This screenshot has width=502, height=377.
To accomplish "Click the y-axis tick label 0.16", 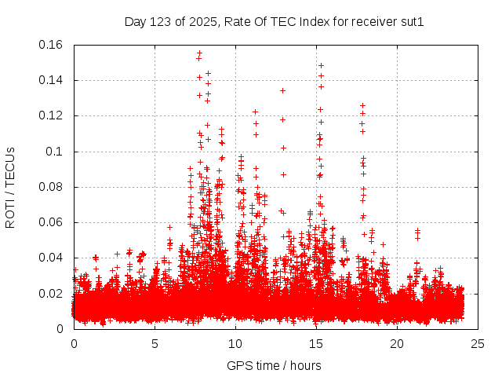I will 53,45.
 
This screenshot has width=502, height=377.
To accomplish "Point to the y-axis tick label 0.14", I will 53,80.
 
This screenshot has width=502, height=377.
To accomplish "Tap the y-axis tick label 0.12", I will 53,115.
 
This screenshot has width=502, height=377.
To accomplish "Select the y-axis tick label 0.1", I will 57,152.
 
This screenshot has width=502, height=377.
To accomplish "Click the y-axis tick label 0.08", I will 53,187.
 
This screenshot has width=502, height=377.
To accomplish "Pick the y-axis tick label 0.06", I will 53,222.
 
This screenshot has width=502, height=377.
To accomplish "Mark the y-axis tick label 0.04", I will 53,258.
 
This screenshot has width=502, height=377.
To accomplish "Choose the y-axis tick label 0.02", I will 53,294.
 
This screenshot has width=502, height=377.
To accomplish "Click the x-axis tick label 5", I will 155,344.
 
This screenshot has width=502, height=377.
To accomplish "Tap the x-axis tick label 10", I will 236,344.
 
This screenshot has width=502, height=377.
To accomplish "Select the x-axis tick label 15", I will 317,344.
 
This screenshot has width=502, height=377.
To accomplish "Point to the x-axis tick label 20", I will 398,344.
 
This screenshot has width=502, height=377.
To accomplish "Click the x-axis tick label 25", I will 478,344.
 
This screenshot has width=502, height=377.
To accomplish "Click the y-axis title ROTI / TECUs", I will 11,187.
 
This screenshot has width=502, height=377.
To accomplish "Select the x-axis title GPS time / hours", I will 274,365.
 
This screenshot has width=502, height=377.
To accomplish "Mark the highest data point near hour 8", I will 200,53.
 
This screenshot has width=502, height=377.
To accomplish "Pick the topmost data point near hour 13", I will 282,90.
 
